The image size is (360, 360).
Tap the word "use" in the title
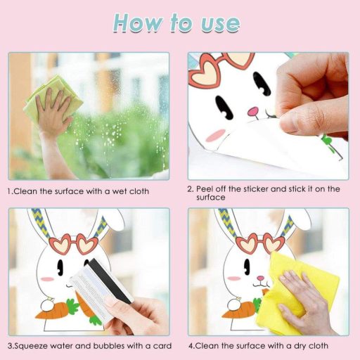(x=220, y=25)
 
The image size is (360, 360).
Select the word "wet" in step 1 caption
(x=120, y=191)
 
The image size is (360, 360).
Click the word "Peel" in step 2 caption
(x=205, y=188)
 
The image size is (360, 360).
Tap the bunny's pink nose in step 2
(x=253, y=111)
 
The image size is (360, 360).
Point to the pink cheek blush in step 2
(x=217, y=135)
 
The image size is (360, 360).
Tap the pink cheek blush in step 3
(x=47, y=279)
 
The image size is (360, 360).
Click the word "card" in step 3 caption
(x=162, y=346)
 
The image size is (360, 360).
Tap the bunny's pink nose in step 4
(x=260, y=278)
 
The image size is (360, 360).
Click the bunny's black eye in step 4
(x=247, y=267)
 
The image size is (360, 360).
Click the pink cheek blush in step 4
(x=234, y=278)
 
